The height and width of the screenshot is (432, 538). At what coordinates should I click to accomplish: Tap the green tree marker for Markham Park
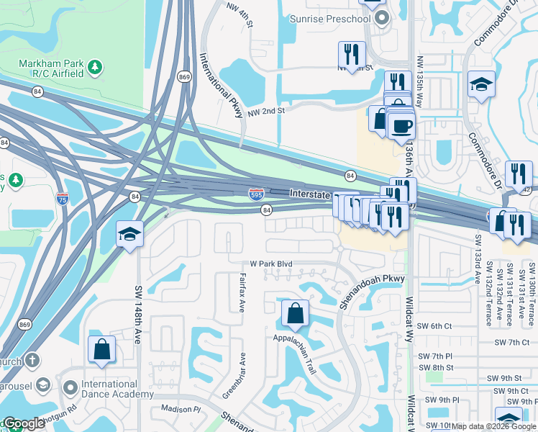pos(94,68)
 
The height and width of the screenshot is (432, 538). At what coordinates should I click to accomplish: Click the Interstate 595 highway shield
pos(256,194)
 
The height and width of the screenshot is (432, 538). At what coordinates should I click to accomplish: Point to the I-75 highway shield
pos(62,199)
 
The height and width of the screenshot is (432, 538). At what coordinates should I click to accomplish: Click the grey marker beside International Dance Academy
pos(70,388)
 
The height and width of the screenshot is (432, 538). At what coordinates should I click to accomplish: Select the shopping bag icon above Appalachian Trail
pos(295,313)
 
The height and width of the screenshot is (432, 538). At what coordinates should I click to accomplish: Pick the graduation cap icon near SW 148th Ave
pos(130,234)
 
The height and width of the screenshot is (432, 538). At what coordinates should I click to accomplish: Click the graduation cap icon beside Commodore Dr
pos(480,84)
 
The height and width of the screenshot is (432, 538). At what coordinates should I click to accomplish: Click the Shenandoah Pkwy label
pos(373,291)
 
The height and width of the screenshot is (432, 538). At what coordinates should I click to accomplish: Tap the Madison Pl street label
pos(181,408)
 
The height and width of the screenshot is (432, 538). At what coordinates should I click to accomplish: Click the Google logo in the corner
pos(24,423)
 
